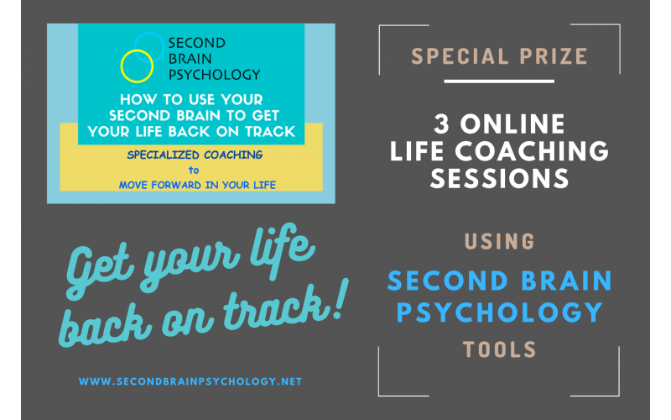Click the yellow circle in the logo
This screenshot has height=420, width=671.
[134, 64]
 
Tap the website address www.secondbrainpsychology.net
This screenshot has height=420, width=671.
[190, 381]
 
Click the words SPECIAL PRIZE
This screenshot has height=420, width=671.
[499, 57]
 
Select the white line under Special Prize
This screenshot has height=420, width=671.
[499, 81]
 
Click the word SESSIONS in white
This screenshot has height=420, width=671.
[499, 178]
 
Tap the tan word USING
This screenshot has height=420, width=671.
[499, 242]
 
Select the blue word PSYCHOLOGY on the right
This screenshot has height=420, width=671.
[499, 312]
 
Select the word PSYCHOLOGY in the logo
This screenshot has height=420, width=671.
[215, 73]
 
